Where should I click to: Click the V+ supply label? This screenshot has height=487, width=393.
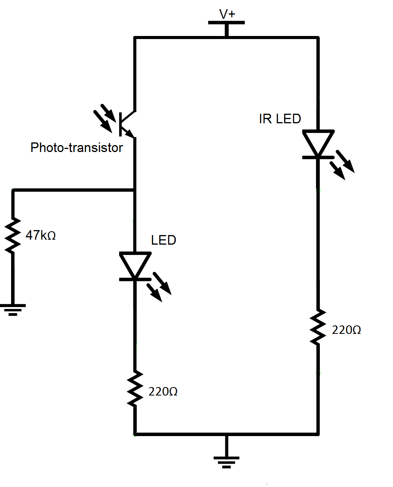[227, 14]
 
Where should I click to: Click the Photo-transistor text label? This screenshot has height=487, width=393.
[77, 147]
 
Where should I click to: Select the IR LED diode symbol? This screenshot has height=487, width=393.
[318, 144]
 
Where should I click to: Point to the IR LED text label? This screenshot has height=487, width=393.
[280, 119]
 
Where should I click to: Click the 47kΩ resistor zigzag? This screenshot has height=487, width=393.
[13, 235]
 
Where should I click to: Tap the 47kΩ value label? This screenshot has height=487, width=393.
[41, 235]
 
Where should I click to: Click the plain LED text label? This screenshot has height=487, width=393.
[164, 240]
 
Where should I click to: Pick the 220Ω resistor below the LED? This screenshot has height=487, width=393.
[135, 388]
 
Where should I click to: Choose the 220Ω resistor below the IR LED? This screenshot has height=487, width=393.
[318, 327]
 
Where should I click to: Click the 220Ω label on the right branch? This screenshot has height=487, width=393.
[346, 330]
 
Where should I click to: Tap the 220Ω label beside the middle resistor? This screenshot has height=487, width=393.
[163, 391]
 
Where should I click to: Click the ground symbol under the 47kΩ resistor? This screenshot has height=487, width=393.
[13, 309]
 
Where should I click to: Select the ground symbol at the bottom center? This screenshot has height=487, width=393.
[226, 462]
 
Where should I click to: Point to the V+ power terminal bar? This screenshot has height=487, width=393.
[226, 23]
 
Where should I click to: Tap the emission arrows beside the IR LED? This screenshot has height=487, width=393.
[344, 165]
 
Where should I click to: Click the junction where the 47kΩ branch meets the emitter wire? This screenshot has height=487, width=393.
[134, 190]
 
